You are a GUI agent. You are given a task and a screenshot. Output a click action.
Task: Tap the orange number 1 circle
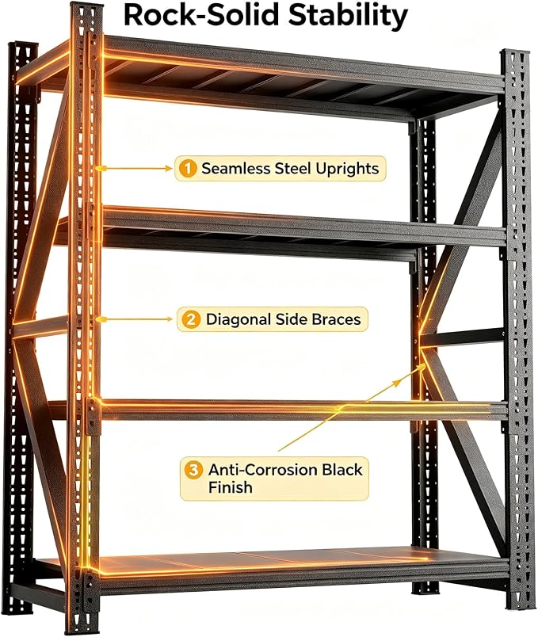[187, 168]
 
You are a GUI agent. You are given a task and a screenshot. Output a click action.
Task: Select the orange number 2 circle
[191, 319]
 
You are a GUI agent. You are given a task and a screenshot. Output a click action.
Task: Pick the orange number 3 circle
[193, 471]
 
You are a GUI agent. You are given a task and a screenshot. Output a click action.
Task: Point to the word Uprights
[347, 169]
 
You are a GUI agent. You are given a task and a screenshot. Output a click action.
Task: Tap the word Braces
[336, 319]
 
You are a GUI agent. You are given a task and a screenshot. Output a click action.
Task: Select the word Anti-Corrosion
[263, 470]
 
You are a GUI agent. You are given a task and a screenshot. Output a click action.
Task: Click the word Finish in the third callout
[230, 487]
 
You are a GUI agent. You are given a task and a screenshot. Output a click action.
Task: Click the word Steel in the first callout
[292, 168]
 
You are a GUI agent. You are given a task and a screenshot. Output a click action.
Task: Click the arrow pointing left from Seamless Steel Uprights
[136, 168]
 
